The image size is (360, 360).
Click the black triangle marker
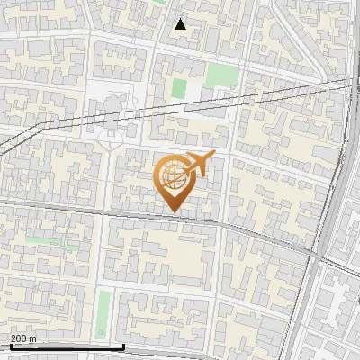pos(180,24)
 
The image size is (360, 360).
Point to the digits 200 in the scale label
pos(19,338)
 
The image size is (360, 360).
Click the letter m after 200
pos(33,338)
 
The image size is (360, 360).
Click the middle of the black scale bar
pos(67,346)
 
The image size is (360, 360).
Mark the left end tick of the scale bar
pos(11,346)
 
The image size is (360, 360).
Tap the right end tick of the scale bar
pos(124,346)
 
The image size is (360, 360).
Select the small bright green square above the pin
pos(179,88)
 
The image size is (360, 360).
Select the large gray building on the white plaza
pos(108,112)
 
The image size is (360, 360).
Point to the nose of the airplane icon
pos(214,156)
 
